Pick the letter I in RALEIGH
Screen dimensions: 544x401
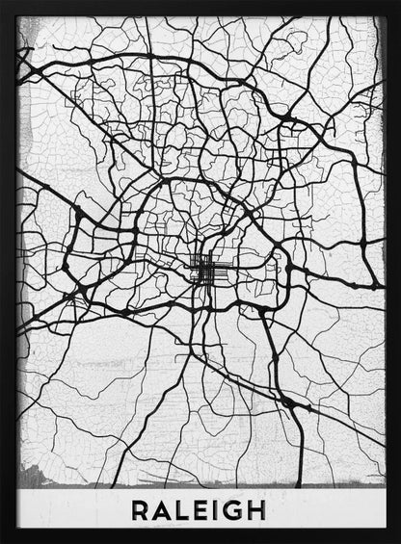tap(218, 508)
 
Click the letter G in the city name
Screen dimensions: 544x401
tap(237, 508)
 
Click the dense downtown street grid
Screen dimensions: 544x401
tap(204, 270)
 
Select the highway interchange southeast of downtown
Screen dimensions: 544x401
tap(286, 400)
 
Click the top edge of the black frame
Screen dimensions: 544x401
tap(200, 7)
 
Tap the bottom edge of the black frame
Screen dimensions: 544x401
tap(200, 537)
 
